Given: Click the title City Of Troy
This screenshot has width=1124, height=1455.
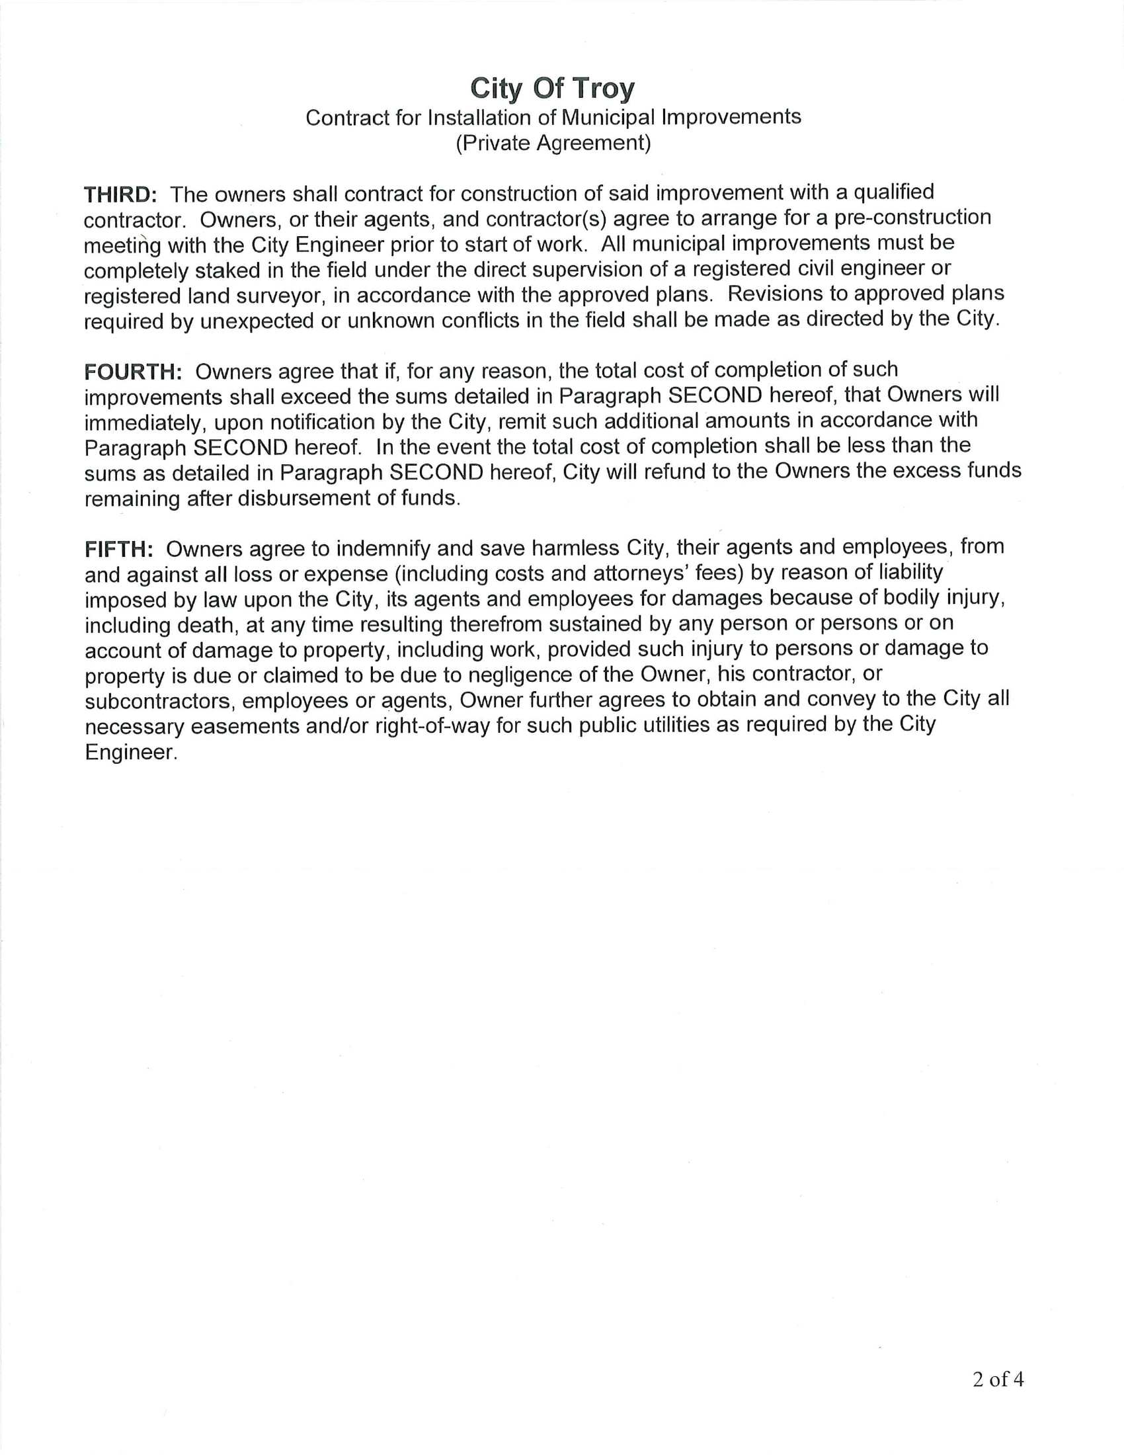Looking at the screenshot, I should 552,88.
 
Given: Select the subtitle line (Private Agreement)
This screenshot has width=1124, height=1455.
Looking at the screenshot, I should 553,143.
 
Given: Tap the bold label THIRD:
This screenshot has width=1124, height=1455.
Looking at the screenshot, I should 120,194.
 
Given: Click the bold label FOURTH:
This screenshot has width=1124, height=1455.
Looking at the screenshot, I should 133,372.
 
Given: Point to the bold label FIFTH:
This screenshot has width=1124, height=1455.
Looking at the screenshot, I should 118,549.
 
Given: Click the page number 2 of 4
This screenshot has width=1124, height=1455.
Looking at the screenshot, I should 998,1379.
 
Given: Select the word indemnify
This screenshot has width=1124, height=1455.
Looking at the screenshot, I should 383,548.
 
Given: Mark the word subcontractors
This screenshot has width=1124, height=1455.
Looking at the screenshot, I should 159,701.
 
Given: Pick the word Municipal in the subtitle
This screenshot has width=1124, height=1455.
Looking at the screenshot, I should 608,117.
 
